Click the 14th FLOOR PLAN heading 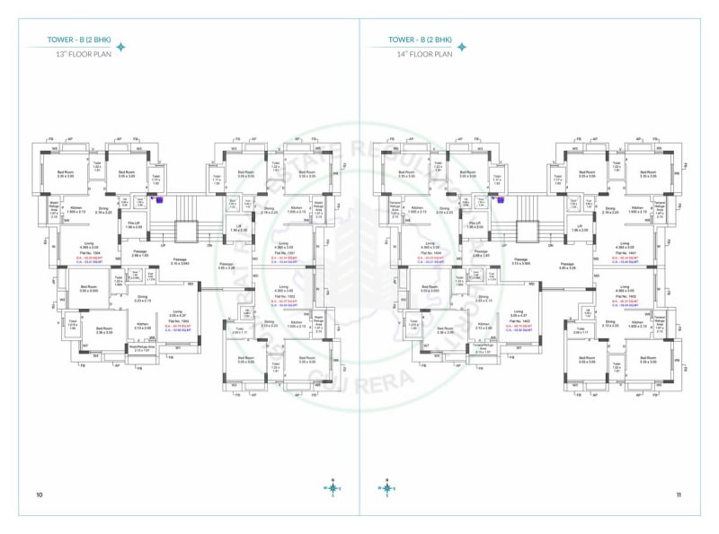pyautogui.click(x=425, y=55)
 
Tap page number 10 pyautogui.click(x=40, y=495)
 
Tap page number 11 pyautogui.click(x=679, y=495)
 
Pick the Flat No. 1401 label pyautogui.click(x=626, y=253)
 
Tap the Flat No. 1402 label pyautogui.click(x=626, y=298)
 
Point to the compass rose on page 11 pyautogui.click(x=386, y=488)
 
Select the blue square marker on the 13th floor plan pyautogui.click(x=159, y=200)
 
